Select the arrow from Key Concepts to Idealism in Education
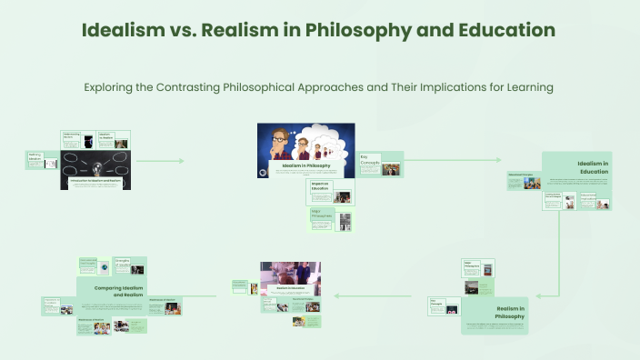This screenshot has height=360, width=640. coord(455,161)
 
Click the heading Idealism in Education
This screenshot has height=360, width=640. coord(592,167)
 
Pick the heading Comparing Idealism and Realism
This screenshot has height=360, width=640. coord(120,291)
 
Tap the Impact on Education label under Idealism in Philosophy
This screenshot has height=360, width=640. coord(320,186)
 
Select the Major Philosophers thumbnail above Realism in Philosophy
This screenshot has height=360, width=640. coord(478,268)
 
